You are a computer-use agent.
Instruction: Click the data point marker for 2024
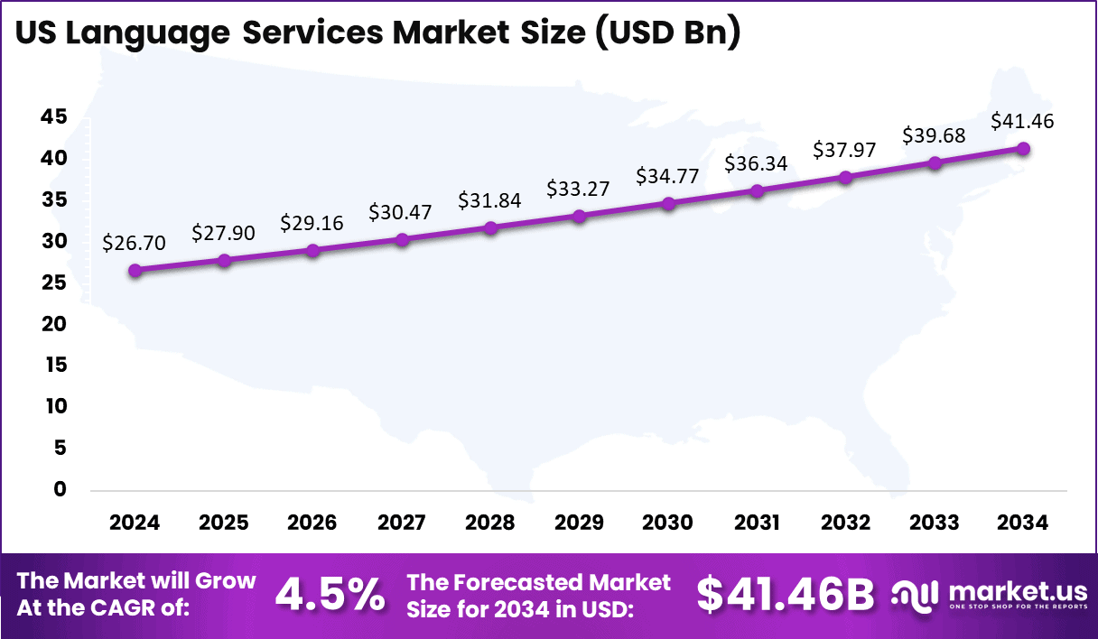point(135,270)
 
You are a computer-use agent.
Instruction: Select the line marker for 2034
point(1023,148)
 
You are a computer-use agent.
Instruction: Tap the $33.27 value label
point(579,190)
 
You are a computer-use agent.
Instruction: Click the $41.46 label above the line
point(1023,121)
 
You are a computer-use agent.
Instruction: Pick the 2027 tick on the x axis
point(402,523)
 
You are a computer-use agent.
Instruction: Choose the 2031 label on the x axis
point(757,523)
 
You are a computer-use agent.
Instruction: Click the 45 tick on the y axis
point(54,116)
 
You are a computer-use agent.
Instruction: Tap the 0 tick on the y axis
point(60,489)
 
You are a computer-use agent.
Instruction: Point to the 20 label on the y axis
point(54,323)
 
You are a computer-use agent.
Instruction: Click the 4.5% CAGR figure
point(330,594)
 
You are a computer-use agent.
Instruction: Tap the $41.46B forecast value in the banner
point(786,594)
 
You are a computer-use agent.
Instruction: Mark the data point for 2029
point(579,216)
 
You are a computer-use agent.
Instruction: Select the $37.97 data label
point(845,150)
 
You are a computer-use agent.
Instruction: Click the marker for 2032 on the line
point(845,177)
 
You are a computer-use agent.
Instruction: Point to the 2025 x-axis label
point(224,523)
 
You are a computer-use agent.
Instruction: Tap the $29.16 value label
point(312,222)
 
